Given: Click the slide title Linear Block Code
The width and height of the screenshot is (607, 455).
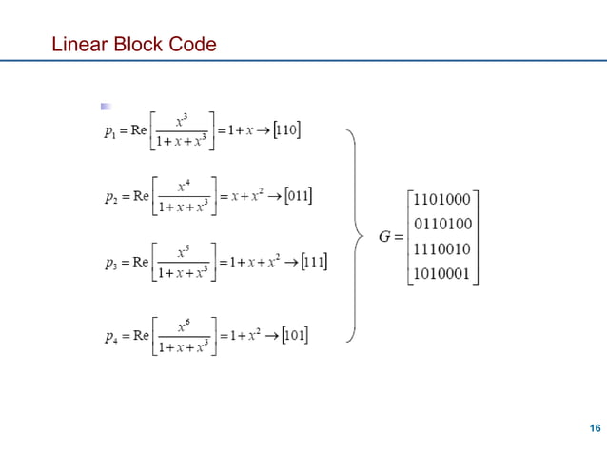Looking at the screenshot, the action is pyautogui.click(x=133, y=44).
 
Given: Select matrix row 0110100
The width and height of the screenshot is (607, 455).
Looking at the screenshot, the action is pyautogui.click(x=442, y=227).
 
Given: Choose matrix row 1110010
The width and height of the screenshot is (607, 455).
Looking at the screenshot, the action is pyautogui.click(x=442, y=251).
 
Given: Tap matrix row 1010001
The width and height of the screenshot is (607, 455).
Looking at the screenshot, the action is pyautogui.click(x=442, y=276).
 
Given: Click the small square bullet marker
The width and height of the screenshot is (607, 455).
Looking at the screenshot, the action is pyautogui.click(x=108, y=105).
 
